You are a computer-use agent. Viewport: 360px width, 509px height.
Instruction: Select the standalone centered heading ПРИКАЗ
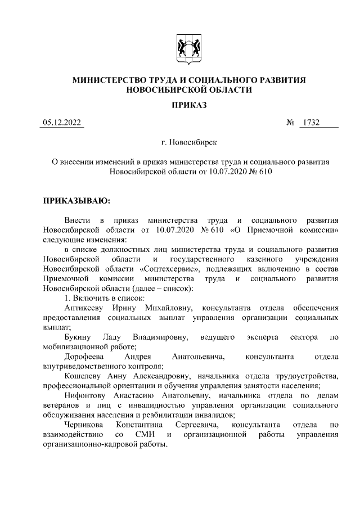(189, 105)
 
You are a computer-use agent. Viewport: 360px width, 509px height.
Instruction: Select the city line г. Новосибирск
(189, 144)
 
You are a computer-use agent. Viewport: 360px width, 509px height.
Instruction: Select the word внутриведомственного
(85, 366)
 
